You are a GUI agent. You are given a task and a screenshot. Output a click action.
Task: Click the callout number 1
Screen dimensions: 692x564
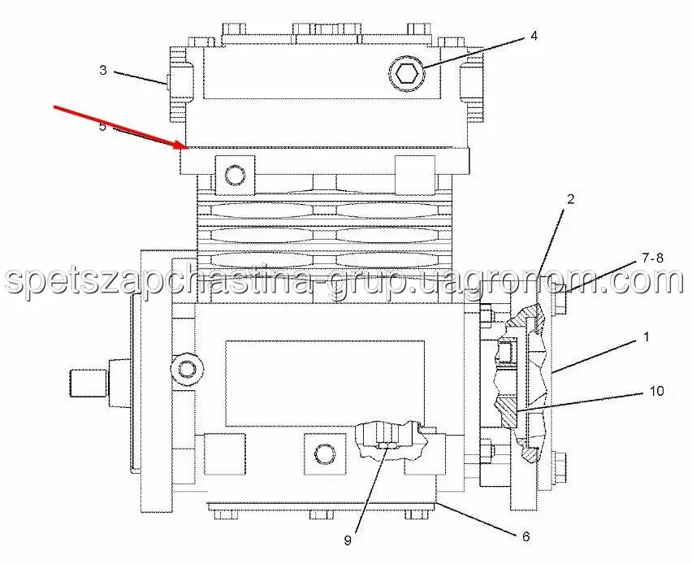[x=647, y=337]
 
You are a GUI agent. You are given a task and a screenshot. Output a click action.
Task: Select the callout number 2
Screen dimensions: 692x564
[x=571, y=199]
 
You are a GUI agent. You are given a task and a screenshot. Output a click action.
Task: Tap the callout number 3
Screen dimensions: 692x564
[x=103, y=70]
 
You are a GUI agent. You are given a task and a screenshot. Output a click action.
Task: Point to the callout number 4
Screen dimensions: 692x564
[x=534, y=36]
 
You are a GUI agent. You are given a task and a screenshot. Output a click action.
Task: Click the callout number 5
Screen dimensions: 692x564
[x=102, y=127]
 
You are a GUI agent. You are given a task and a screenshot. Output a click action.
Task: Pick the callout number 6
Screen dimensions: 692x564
[x=525, y=536]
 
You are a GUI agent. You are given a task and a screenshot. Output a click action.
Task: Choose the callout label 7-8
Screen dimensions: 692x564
[x=653, y=258]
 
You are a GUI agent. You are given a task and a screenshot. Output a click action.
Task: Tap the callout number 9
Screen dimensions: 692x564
[x=348, y=540]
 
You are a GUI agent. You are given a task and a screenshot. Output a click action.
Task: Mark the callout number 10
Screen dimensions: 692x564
[x=657, y=391]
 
